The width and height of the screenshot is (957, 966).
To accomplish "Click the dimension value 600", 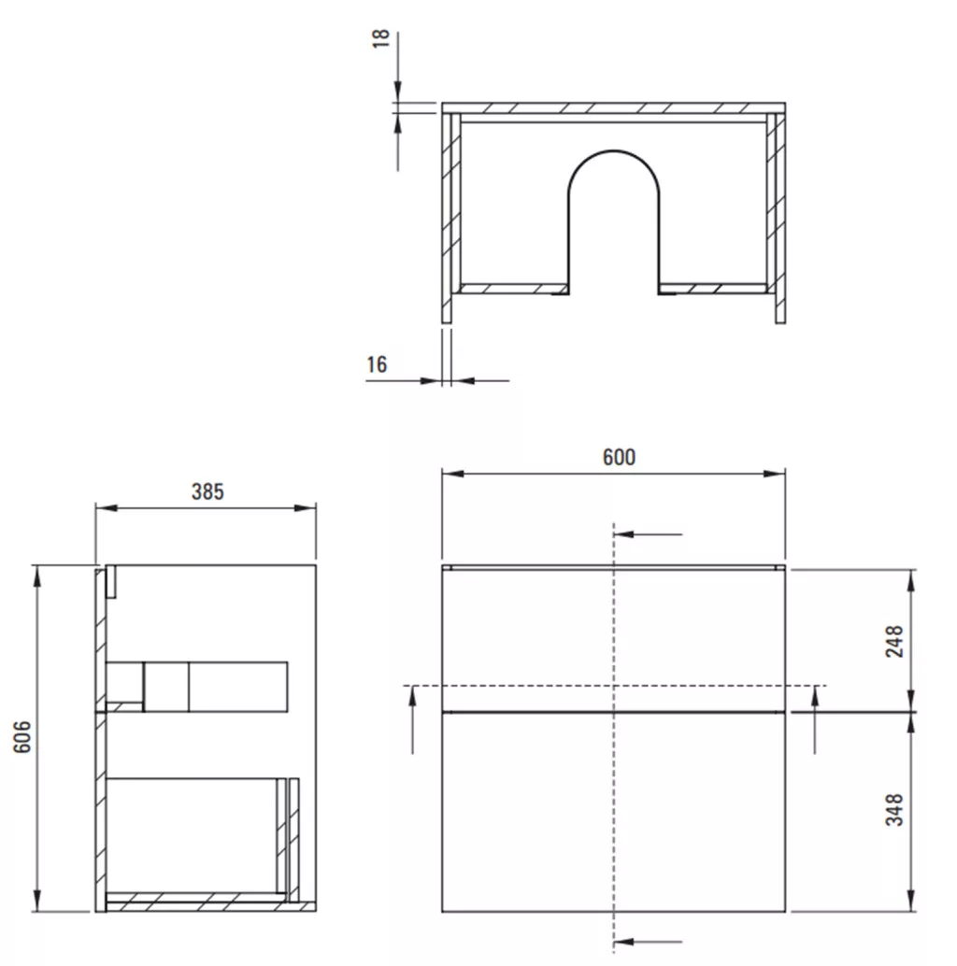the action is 619,457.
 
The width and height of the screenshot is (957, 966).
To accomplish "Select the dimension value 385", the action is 207,491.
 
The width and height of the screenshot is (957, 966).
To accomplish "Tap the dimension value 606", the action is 22,736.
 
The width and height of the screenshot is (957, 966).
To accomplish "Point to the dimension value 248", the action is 894,641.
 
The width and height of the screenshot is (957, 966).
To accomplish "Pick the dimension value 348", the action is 894,809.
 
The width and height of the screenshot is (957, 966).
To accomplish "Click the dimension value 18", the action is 380,38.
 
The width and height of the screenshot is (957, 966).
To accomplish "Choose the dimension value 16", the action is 378,364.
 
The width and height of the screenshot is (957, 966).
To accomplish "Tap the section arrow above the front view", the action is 648,534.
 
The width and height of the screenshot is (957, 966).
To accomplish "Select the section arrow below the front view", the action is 648,942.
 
